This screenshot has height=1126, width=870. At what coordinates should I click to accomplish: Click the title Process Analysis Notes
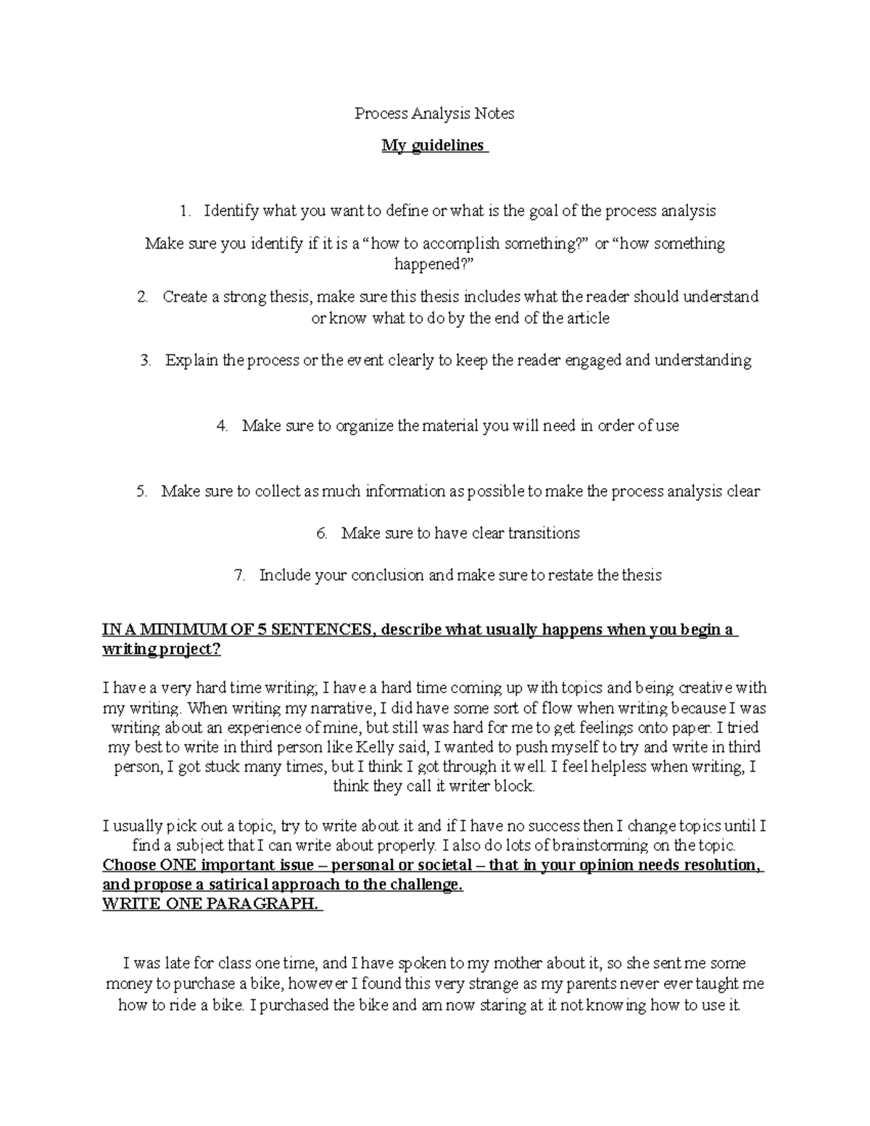coord(434,113)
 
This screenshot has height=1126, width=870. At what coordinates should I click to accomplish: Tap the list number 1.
coord(186,211)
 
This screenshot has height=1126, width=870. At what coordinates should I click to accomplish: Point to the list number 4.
coord(222,426)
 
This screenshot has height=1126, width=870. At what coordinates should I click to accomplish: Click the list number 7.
coord(240,576)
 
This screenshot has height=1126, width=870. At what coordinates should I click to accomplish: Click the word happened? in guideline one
coord(433,264)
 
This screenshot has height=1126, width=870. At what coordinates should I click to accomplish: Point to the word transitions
coord(544,534)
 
